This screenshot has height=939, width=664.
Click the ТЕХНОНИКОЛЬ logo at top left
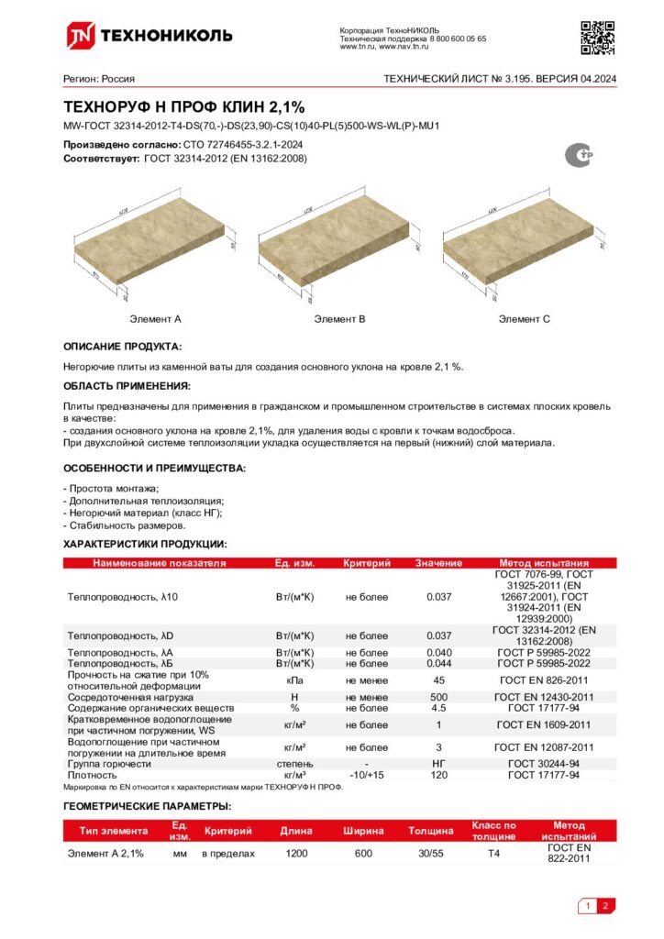point(148,36)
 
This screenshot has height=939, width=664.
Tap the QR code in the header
point(597,36)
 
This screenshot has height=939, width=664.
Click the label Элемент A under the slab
point(155,319)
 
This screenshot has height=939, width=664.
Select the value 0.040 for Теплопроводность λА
point(438,653)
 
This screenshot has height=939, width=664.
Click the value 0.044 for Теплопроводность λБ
point(438,663)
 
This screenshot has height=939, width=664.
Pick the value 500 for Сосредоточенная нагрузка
point(438,698)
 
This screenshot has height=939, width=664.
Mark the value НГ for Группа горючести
point(438,764)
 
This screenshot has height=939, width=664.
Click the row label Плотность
point(92,775)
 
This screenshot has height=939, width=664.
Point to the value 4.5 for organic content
point(438,709)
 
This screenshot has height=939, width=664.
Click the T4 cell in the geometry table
point(493,853)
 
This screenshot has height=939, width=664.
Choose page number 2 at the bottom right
point(605,907)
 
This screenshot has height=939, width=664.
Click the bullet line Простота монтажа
point(111,489)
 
